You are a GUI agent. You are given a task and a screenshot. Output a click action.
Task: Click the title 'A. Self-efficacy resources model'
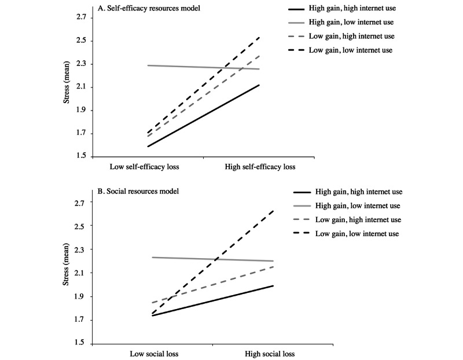149,8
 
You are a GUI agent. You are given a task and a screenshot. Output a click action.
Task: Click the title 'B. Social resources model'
138,192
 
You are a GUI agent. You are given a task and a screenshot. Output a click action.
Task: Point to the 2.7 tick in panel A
80,17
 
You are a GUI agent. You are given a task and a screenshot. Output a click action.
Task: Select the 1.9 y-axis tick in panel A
80,110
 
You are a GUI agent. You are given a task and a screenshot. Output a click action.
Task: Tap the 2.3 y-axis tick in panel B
80,249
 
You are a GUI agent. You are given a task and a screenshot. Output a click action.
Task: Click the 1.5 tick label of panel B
80,343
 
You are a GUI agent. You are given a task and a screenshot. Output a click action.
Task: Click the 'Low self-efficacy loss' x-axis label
144,167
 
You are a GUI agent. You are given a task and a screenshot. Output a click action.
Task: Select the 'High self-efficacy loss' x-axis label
260,167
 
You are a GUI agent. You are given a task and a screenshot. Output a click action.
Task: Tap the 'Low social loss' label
154,354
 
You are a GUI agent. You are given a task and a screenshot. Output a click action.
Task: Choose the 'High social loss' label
270,354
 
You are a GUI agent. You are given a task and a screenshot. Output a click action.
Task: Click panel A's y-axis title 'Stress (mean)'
67,82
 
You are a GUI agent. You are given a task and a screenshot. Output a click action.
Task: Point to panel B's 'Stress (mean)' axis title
66,265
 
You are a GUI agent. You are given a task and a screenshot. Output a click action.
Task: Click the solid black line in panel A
204,116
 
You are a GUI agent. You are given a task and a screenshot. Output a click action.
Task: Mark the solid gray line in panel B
212,259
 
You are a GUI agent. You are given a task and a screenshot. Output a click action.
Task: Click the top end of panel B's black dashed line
273,211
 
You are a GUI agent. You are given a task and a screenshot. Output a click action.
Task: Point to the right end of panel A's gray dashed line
259,56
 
